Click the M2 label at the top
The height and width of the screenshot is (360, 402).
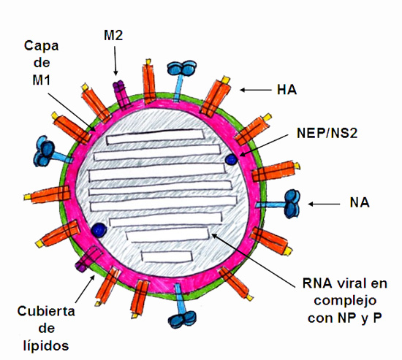[113, 35]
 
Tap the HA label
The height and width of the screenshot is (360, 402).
[287, 90]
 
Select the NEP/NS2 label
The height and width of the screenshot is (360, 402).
[327, 133]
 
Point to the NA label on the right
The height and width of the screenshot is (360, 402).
[360, 203]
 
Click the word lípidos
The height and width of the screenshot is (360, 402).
[46, 345]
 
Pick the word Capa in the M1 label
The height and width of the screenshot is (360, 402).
[41, 47]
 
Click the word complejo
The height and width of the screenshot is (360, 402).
[345, 302]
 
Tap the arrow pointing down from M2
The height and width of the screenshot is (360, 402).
[115, 61]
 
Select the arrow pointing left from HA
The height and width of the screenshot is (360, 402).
[256, 90]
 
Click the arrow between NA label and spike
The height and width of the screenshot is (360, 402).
[324, 204]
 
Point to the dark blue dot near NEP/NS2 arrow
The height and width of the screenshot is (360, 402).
[231, 160]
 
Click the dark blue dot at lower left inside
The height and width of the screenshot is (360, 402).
[99, 229]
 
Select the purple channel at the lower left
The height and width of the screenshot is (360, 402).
[88, 258]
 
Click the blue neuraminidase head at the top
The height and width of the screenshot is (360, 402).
[182, 68]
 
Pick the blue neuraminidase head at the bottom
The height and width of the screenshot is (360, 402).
[182, 319]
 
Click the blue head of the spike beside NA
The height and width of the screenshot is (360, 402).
[292, 204]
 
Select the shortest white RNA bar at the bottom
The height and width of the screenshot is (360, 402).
[167, 256]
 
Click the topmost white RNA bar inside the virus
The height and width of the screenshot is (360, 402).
[156, 137]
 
